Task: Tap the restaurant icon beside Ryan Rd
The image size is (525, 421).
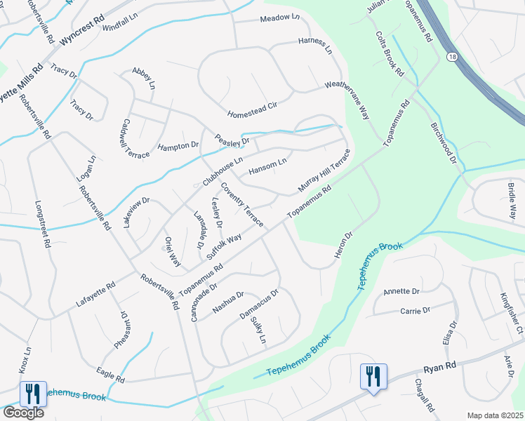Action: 373,376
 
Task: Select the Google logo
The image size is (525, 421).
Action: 22,413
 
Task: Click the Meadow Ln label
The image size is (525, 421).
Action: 279,18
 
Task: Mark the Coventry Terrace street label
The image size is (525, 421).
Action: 242,205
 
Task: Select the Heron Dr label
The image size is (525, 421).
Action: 343,242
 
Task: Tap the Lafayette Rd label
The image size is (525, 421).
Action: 96,297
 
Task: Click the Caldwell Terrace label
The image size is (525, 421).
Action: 132,138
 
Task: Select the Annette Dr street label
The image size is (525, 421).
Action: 401,290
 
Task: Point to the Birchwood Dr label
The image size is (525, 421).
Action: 444,145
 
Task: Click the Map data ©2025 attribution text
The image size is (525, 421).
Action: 495,415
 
